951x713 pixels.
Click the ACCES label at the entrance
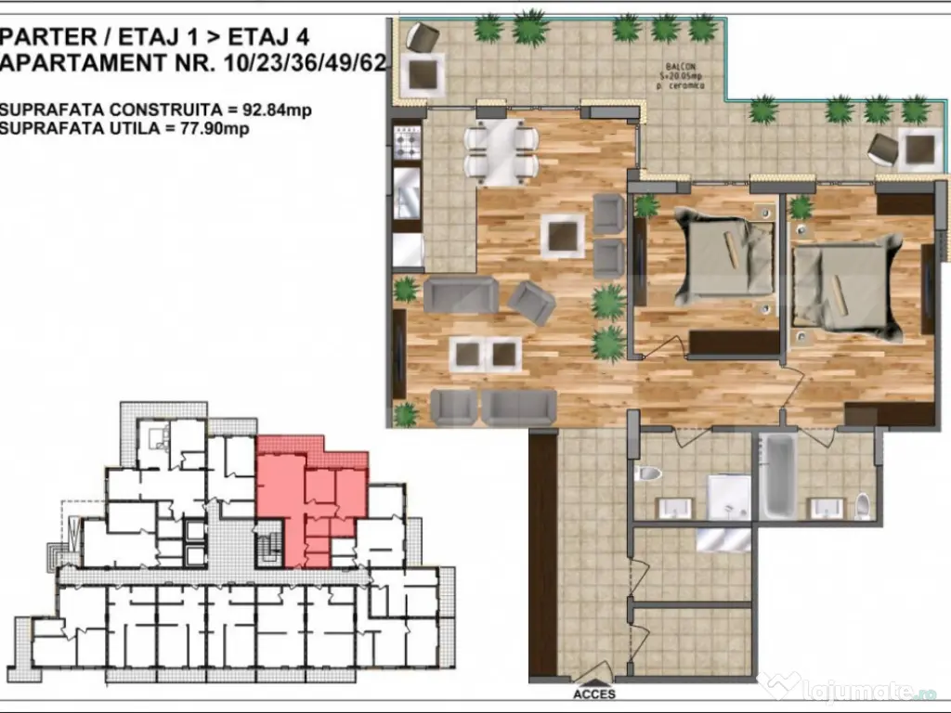coord(593,694)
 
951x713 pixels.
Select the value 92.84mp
coord(276,110)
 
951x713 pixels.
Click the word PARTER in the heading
coord(48,37)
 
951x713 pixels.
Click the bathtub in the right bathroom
coord(777,476)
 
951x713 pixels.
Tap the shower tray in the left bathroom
coord(729,498)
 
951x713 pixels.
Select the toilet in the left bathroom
coord(648,473)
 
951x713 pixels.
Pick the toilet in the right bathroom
coord(862,505)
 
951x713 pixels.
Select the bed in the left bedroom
coord(730,256)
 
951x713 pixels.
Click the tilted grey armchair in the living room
coord(531,301)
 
